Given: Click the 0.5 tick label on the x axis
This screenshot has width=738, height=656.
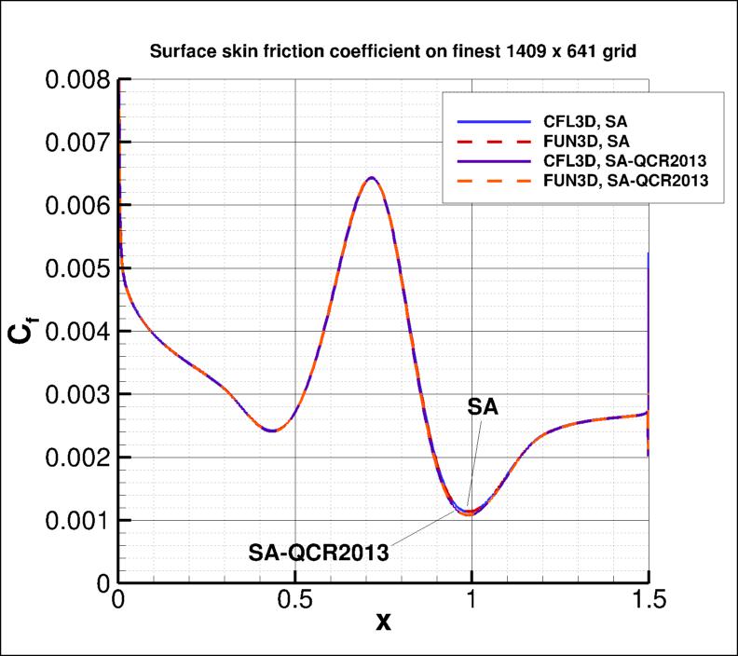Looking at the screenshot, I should click(x=294, y=602).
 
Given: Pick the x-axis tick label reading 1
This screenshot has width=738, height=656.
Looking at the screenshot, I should click(x=471, y=602).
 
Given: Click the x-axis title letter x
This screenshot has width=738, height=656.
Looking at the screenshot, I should click(x=383, y=622).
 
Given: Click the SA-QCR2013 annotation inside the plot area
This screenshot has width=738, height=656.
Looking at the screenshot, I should click(x=318, y=551).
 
